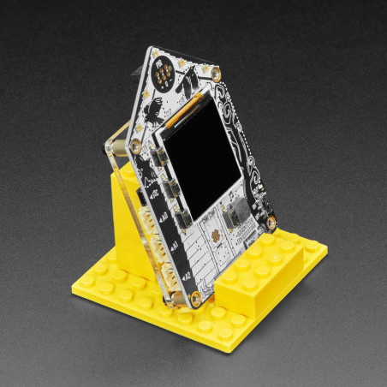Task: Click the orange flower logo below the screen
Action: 215,235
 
